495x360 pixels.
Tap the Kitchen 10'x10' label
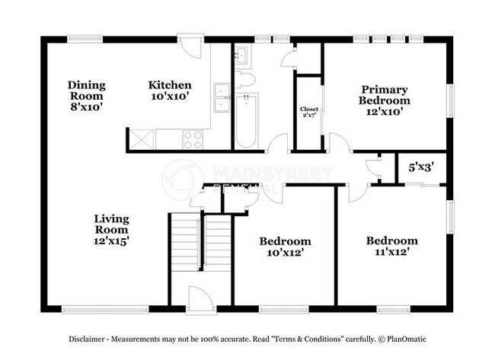click(x=169, y=91)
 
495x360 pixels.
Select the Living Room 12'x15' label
click(x=111, y=229)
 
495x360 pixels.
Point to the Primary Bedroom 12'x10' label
click(x=385, y=100)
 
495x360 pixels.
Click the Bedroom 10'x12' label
click(x=284, y=247)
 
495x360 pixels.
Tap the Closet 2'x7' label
click(x=309, y=112)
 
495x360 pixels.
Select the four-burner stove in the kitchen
click(x=193, y=139)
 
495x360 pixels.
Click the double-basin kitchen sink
click(x=221, y=99)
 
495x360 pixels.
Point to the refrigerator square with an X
click(x=141, y=139)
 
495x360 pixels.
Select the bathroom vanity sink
click(x=241, y=55)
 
